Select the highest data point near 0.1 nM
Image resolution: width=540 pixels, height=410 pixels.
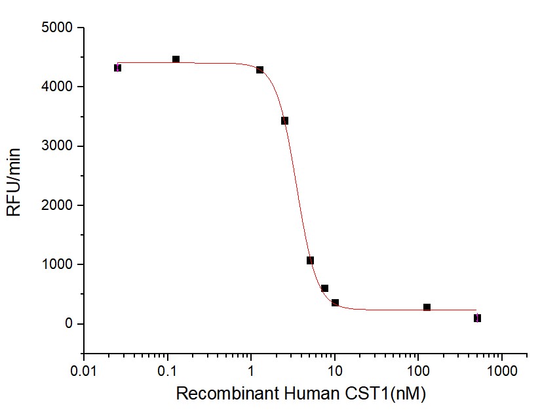(x=176, y=60)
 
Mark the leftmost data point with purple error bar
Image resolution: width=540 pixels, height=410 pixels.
(x=117, y=68)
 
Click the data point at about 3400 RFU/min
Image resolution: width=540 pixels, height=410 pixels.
(x=284, y=121)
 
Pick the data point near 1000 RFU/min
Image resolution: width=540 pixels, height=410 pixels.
(x=310, y=260)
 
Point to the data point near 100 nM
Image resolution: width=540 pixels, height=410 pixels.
(x=427, y=307)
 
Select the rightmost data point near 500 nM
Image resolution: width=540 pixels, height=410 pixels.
(x=477, y=318)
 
